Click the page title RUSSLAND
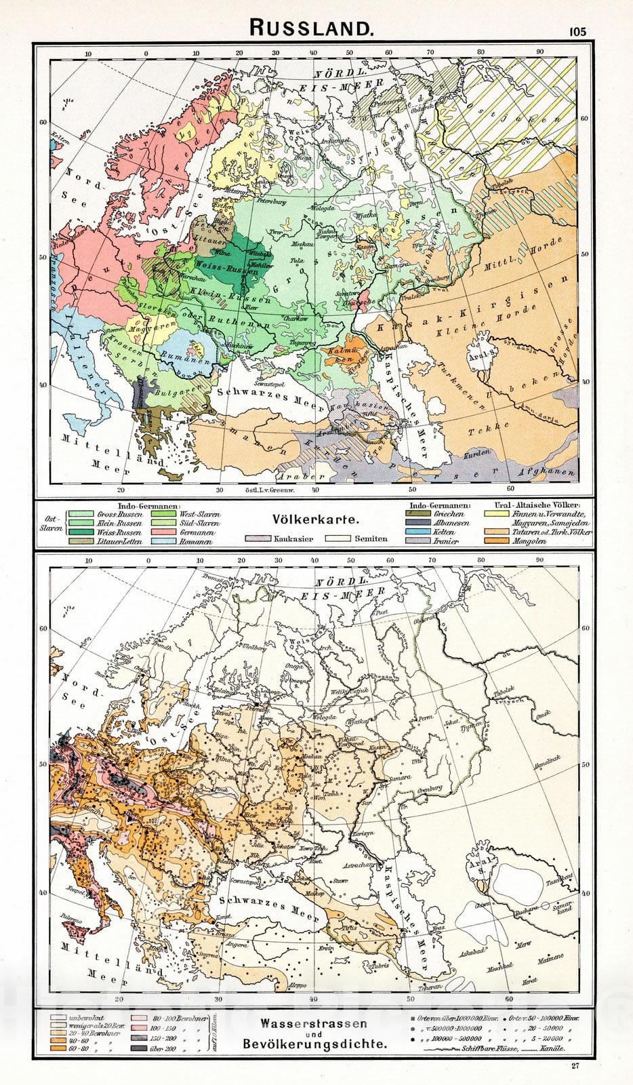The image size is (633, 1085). click(x=311, y=28)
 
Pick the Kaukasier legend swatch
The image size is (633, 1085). click(x=258, y=538)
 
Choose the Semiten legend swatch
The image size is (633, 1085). click(x=337, y=538)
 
